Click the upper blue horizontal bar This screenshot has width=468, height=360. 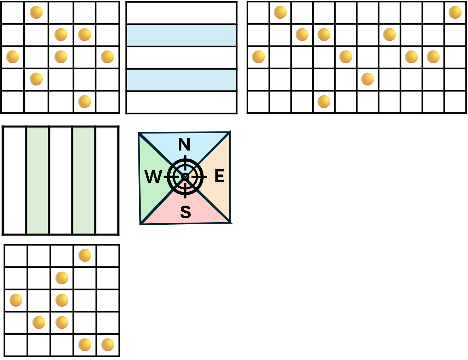pyautogui.click(x=181, y=35)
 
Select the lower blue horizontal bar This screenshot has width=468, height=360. pyautogui.click(x=181, y=80)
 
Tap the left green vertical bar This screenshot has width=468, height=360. pyautogui.click(x=37, y=181)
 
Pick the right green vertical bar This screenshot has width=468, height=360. pyautogui.click(x=83, y=181)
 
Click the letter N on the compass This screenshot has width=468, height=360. pyautogui.click(x=184, y=144)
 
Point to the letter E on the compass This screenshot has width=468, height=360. pyautogui.click(x=219, y=176)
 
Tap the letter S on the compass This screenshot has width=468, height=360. pyautogui.click(x=185, y=212)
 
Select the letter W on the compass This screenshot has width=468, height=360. pyautogui.click(x=153, y=177)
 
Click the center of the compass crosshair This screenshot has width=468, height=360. pyautogui.click(x=185, y=177)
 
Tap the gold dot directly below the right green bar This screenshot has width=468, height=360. pyautogui.click(x=85, y=255)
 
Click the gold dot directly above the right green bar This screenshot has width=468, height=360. pyautogui.click(x=84, y=101)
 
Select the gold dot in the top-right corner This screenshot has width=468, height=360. pyautogui.click(x=455, y=12)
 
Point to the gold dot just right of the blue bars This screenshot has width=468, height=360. pyautogui.click(x=258, y=57)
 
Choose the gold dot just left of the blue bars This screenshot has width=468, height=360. pyautogui.click(x=107, y=57)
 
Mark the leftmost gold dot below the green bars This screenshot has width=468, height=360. pyautogui.click(x=16, y=300)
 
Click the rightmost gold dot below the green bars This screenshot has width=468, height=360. pyautogui.click(x=108, y=344)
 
